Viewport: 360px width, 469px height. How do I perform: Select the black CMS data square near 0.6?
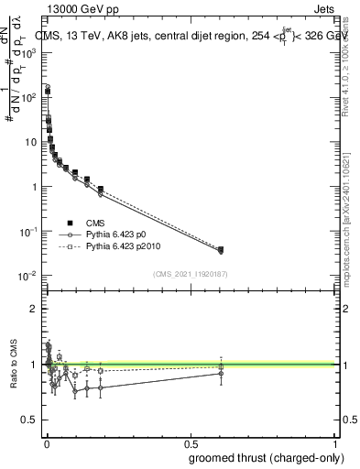(221, 249)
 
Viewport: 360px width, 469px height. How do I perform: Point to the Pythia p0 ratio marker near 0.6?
(221, 373)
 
